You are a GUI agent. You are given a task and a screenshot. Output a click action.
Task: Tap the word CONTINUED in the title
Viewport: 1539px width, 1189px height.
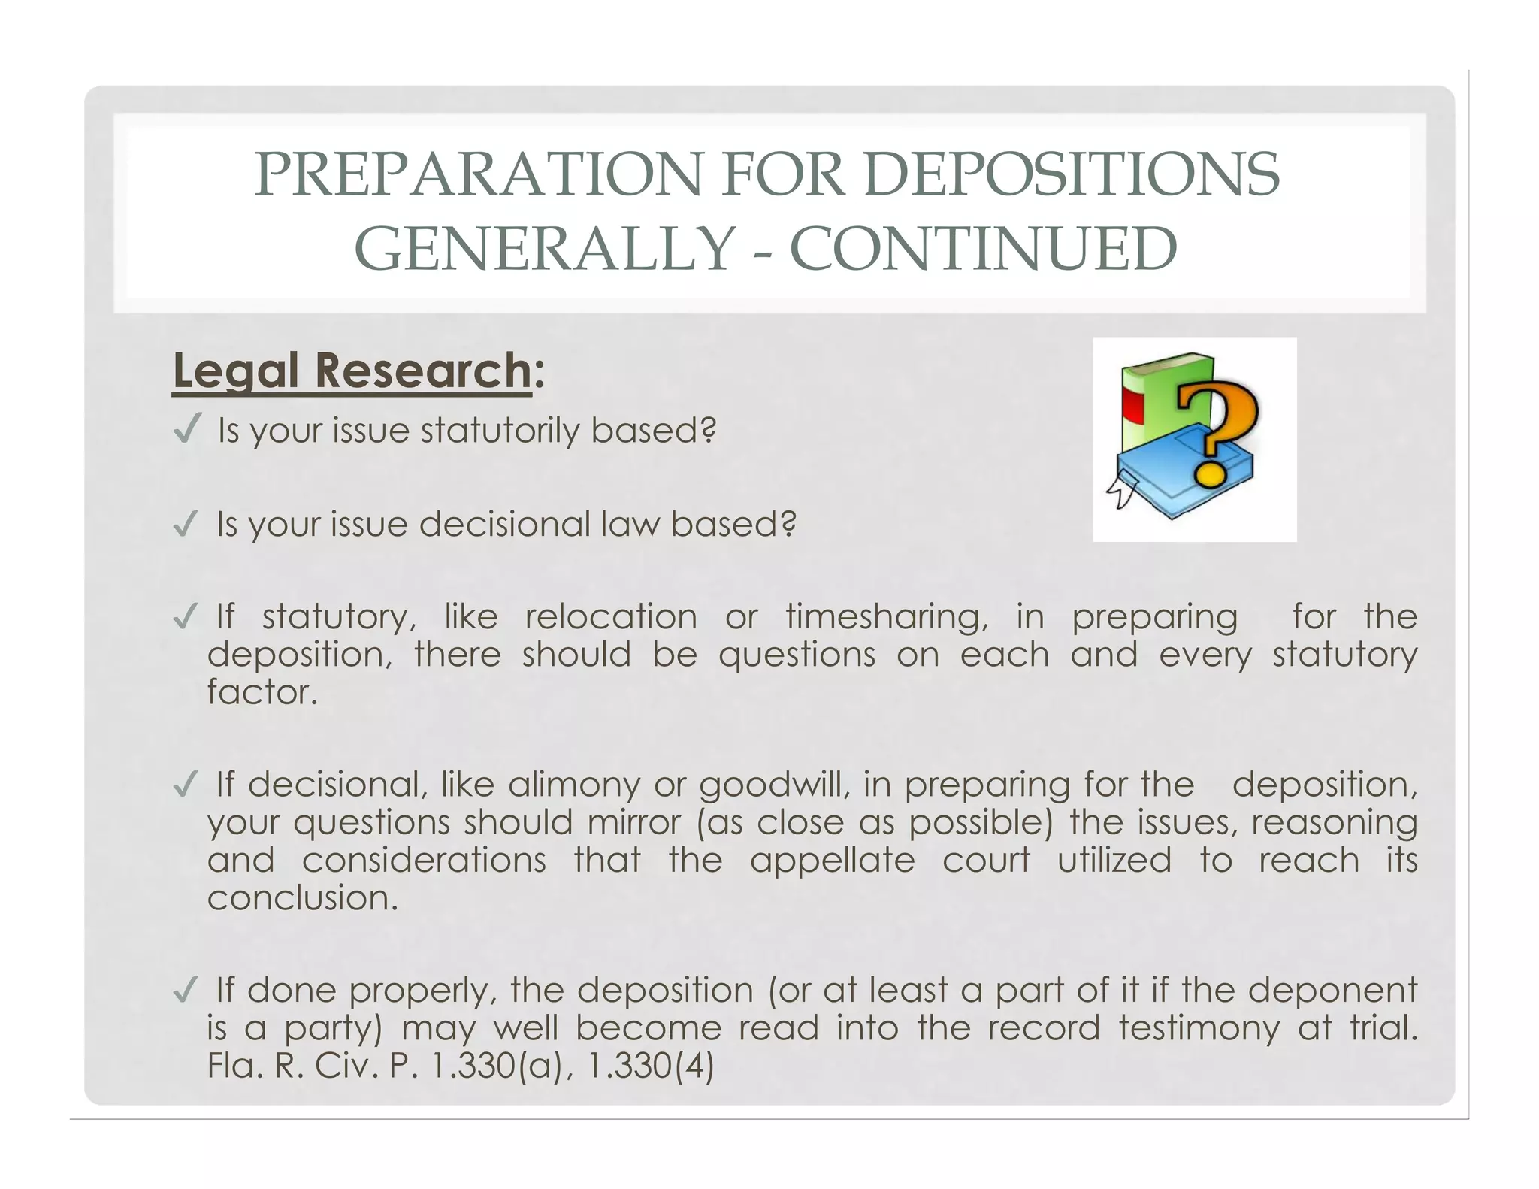984,250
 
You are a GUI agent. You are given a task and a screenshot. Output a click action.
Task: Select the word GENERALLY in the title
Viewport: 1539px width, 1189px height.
543,250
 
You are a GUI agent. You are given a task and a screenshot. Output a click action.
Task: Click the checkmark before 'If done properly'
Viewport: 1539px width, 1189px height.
185,989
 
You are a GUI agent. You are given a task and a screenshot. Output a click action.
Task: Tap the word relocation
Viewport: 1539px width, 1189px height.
611,617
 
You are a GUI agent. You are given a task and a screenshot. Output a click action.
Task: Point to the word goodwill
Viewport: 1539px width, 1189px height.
775,785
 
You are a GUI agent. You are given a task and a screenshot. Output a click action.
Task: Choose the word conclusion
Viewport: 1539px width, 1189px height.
302,898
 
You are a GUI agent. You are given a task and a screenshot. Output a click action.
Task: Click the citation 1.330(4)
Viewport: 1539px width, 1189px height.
649,1066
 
